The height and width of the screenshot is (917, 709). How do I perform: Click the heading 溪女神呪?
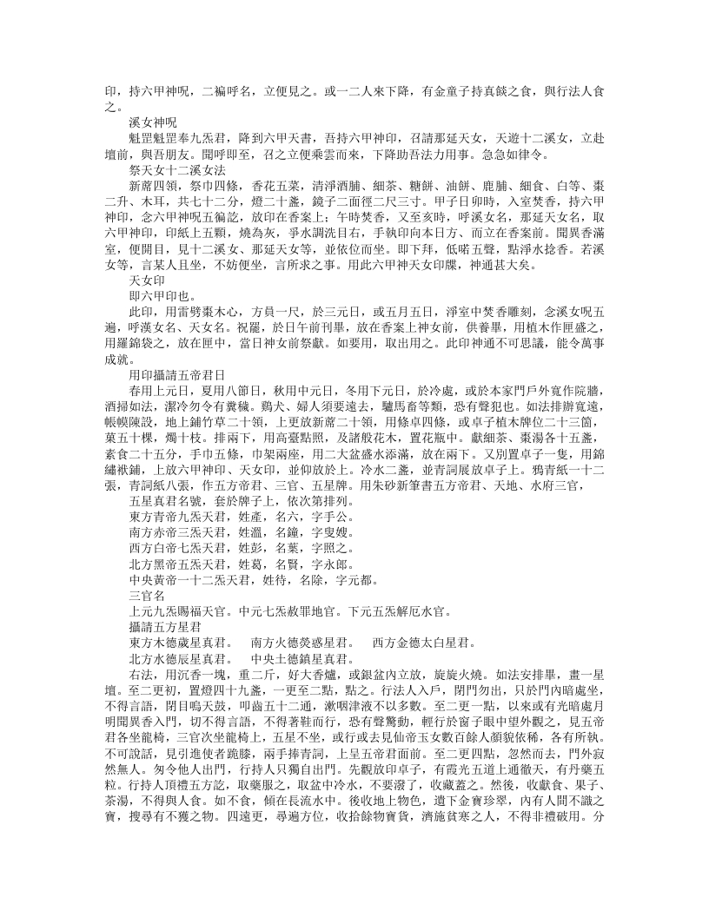click(x=152, y=123)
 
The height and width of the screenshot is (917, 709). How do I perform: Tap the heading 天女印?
click(x=145, y=307)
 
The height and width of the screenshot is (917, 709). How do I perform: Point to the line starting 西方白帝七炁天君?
click(x=226, y=554)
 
